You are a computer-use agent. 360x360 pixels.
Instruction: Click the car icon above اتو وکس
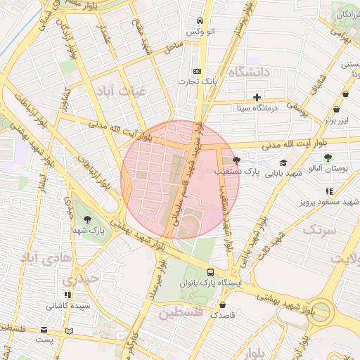200,20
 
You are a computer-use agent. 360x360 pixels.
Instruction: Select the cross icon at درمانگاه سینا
257,97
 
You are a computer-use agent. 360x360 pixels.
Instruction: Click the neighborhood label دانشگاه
250,72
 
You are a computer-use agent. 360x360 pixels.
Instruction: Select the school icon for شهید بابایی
283,162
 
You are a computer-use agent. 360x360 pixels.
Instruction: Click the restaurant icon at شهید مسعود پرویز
328,191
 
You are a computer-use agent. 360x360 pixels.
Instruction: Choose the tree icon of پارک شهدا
87,219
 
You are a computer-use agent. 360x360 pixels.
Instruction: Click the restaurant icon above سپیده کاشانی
67,295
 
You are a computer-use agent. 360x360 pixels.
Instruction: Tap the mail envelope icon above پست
45,330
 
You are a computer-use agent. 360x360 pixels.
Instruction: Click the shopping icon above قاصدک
223,305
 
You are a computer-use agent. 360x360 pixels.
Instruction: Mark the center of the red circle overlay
181,179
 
